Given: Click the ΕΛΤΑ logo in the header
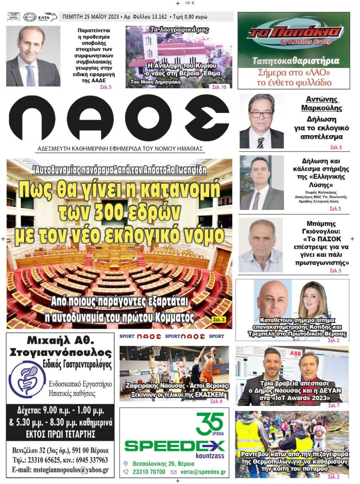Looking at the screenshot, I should point(47,17).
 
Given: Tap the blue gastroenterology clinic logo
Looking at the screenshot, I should point(27,379).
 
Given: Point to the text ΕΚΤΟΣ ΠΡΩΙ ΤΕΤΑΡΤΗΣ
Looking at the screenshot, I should point(60,433).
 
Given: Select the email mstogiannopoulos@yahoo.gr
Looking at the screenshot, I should point(60,470).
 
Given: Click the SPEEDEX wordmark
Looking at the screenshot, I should point(174,445).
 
